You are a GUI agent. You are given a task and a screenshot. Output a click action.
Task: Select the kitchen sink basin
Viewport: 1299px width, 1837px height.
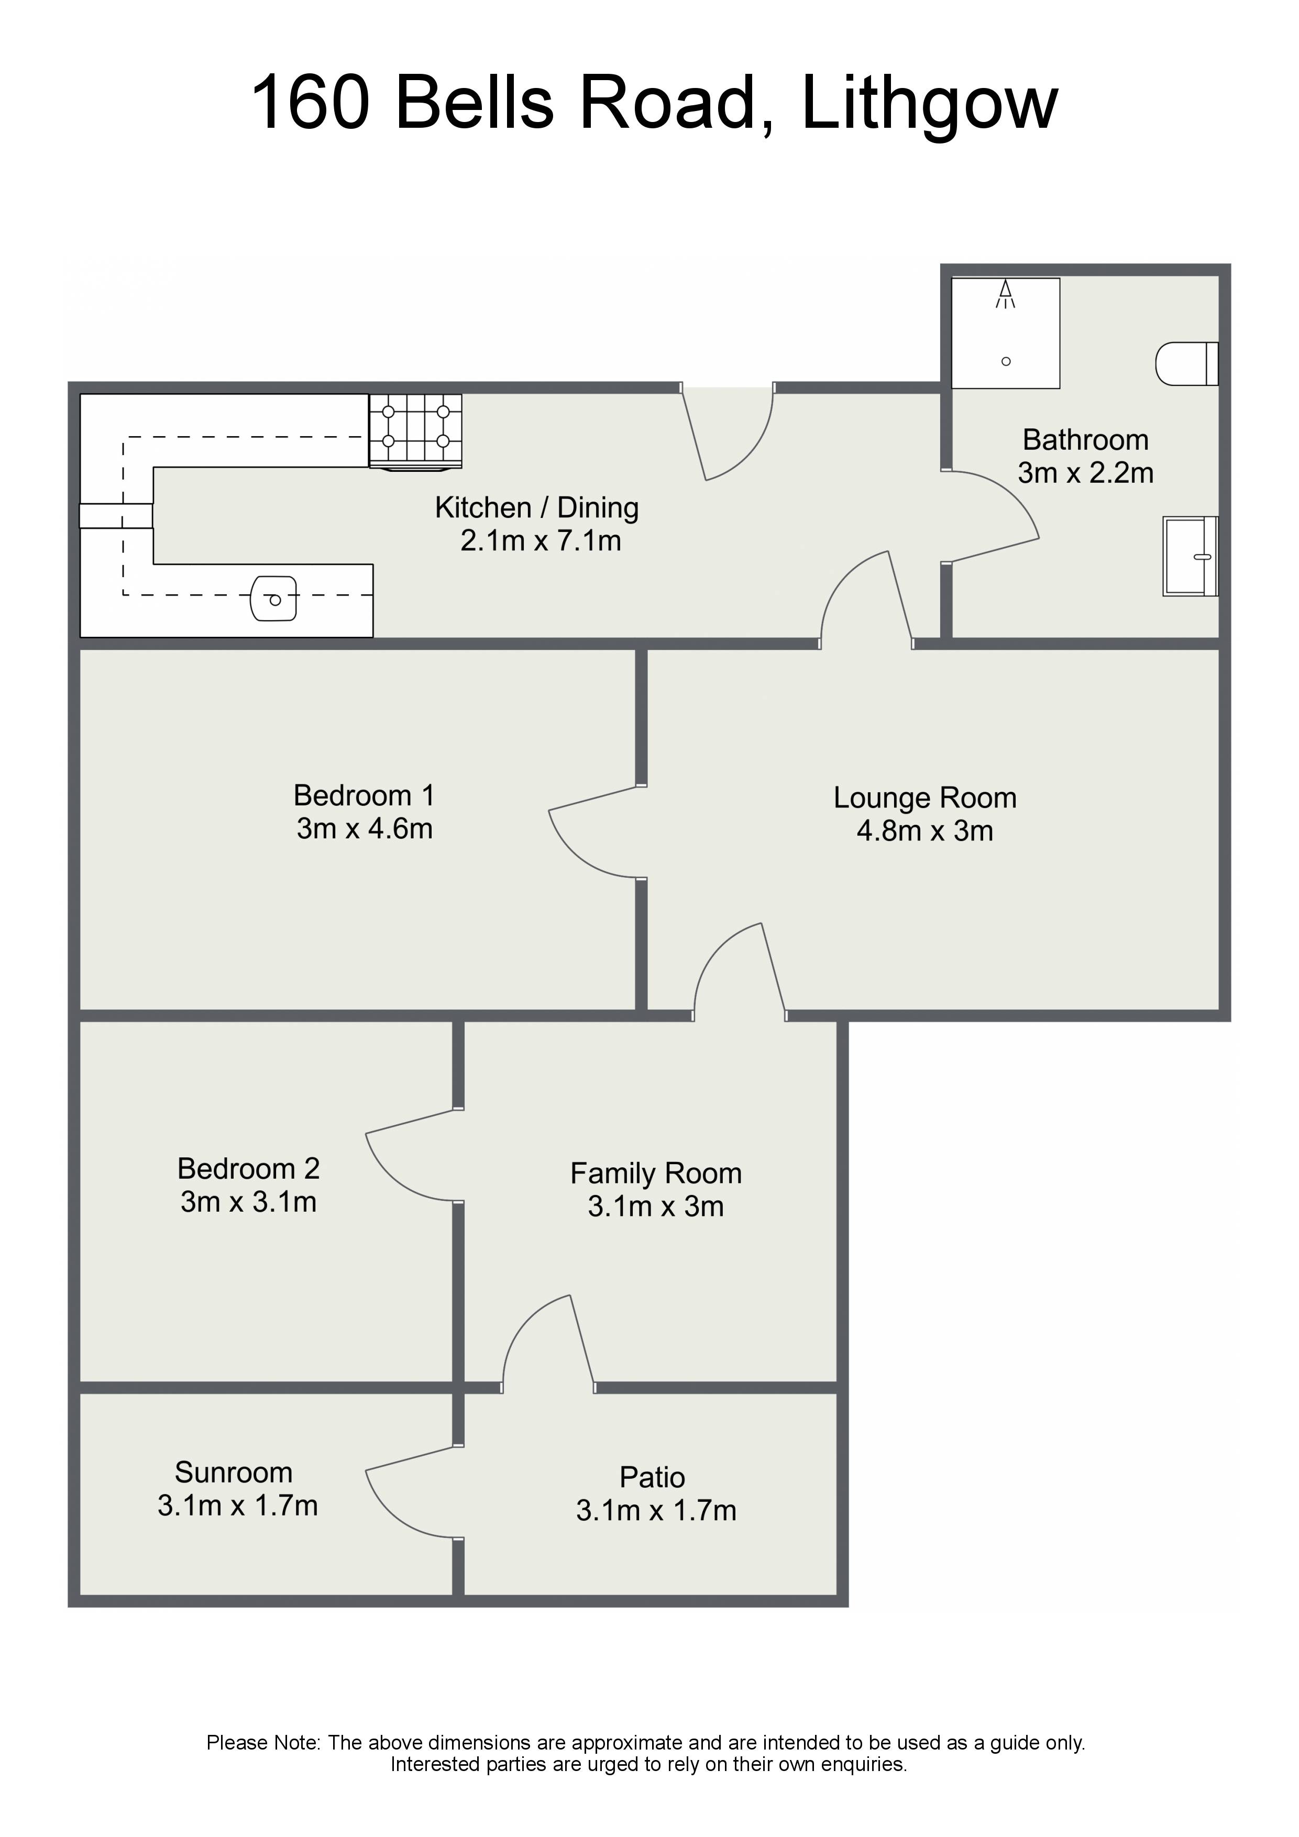click(274, 599)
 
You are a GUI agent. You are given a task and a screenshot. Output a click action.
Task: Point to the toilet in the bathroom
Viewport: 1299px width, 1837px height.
click(1187, 364)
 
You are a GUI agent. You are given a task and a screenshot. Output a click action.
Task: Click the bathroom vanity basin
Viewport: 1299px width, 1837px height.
click(1190, 556)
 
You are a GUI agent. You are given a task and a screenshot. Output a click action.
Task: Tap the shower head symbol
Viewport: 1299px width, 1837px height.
click(1005, 294)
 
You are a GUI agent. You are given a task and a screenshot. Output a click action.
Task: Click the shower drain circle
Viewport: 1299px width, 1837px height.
click(1006, 362)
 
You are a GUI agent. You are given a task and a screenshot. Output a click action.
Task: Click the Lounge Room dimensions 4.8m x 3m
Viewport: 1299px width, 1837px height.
click(924, 831)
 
